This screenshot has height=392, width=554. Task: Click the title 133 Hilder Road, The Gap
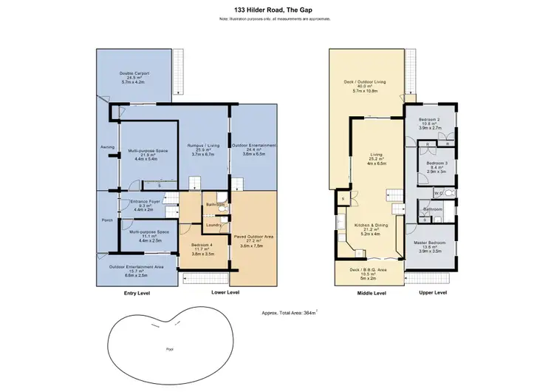coord(277,9)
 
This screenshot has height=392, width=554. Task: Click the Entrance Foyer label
coord(145,201)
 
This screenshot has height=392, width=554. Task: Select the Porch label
coord(107,220)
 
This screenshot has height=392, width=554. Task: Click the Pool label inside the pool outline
coord(170,348)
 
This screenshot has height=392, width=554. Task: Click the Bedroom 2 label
coord(429,119)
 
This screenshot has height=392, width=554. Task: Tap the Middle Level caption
coord(371,293)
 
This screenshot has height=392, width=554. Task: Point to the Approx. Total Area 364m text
coord(295,313)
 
